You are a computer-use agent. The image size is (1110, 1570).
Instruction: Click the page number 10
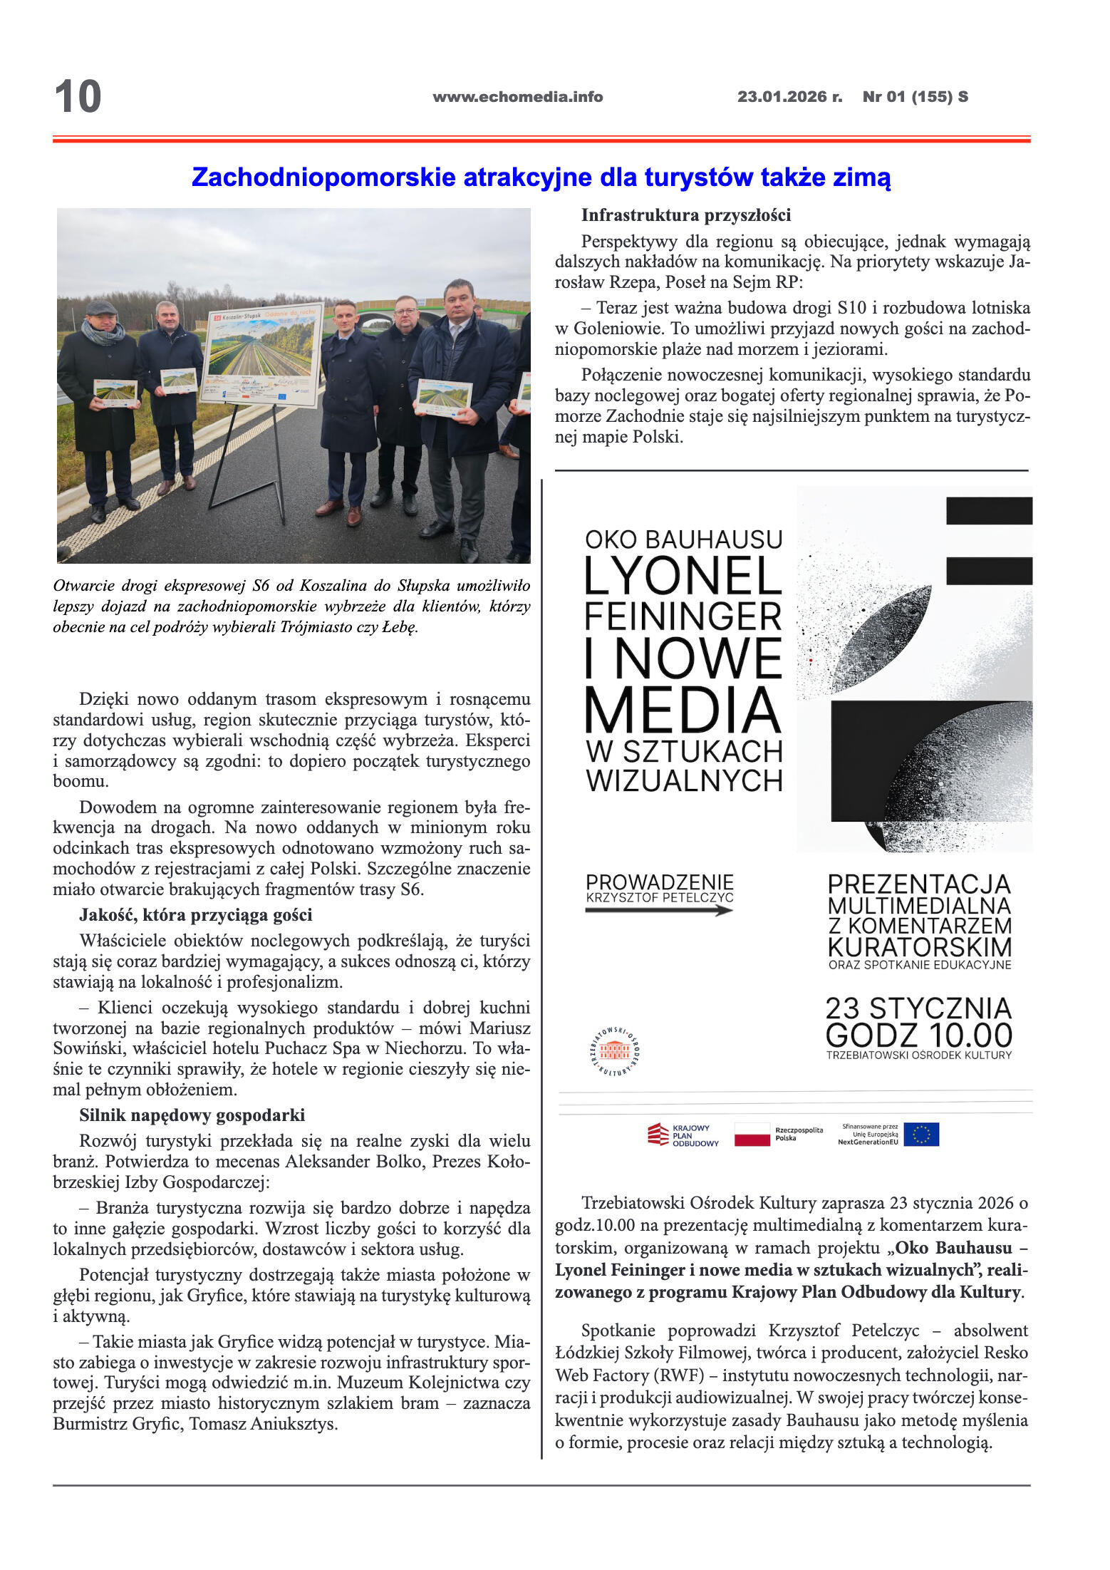click(x=78, y=97)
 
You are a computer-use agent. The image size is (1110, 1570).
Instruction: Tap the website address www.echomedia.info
click(x=517, y=97)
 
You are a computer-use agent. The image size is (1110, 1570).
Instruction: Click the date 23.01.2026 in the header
click(x=782, y=97)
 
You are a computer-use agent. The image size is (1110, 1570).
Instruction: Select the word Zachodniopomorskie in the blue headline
click(x=323, y=177)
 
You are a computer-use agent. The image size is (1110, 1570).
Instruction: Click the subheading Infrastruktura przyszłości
click(x=685, y=215)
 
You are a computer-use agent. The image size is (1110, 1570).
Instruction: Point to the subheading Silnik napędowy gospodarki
click(x=192, y=1115)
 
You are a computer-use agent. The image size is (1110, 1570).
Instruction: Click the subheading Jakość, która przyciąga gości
click(x=195, y=915)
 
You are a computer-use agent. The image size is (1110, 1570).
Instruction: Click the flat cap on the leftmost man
click(x=101, y=308)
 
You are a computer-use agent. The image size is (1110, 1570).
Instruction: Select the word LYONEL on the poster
click(x=683, y=576)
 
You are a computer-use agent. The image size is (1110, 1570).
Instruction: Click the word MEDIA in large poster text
click(x=683, y=711)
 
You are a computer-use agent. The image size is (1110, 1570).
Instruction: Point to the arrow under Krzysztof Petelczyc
click(x=659, y=910)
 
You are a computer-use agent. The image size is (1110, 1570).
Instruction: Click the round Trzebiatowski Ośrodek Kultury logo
click(x=614, y=1050)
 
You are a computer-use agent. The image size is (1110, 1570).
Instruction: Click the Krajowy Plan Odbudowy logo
click(x=683, y=1135)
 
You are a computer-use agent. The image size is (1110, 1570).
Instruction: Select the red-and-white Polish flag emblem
click(x=752, y=1135)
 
